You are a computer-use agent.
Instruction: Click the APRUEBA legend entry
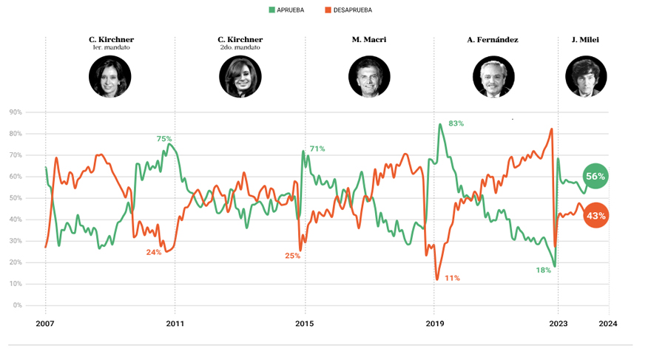pyautogui.click(x=289, y=10)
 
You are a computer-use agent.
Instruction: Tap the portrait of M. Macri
pyautogui.click(x=369, y=76)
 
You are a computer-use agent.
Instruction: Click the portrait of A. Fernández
pyautogui.click(x=493, y=76)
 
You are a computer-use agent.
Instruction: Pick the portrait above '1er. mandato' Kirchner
pyautogui.click(x=110, y=76)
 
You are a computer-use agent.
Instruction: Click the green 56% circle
pyautogui.click(x=596, y=177)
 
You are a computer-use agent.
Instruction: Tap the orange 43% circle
pyautogui.click(x=596, y=216)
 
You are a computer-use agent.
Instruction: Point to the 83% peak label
pyautogui.click(x=456, y=123)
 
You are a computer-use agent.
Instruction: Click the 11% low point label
pyautogui.click(x=452, y=278)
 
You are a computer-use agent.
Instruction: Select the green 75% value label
pyautogui.click(x=164, y=138)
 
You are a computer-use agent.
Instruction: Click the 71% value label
pyautogui.click(x=317, y=149)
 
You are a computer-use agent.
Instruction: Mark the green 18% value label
pyautogui.click(x=544, y=271)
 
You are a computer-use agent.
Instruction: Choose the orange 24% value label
pyautogui.click(x=154, y=252)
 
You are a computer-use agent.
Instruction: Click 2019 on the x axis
pyautogui.click(x=434, y=323)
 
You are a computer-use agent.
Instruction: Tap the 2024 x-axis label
pyautogui.click(x=608, y=323)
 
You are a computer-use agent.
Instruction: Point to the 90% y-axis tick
pyautogui.click(x=16, y=112)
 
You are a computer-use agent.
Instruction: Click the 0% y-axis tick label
pyautogui.click(x=17, y=305)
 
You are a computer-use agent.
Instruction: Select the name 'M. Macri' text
pyautogui.click(x=369, y=39)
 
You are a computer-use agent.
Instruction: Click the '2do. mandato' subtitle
pyautogui.click(x=240, y=48)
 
